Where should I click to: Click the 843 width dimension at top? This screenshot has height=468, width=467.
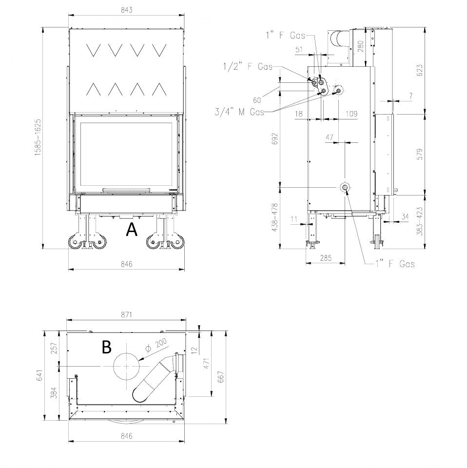[x=127, y=10]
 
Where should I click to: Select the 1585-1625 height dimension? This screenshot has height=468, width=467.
[x=38, y=137]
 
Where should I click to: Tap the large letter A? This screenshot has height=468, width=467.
[x=132, y=230]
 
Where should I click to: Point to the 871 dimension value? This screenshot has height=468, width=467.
[x=127, y=314]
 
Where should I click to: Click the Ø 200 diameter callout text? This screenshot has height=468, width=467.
[x=156, y=347]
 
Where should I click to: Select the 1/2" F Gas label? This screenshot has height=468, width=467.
[x=248, y=66]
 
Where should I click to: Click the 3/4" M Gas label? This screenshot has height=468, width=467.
[x=239, y=112]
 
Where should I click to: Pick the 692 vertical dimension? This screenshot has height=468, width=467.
[x=275, y=139]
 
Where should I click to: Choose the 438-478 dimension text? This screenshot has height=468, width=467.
[x=275, y=217]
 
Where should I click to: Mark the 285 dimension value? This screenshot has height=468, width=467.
[x=326, y=258]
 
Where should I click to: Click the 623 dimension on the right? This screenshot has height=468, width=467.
[x=420, y=70]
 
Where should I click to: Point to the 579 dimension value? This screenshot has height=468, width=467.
[x=420, y=154]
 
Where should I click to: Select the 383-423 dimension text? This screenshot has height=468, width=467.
[x=420, y=221]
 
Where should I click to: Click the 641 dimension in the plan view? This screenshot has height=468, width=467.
[x=39, y=375]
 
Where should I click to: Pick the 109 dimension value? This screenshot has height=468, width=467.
[x=351, y=114]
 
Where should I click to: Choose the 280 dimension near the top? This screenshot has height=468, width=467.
[x=360, y=47]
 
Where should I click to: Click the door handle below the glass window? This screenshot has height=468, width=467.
[x=127, y=190]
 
